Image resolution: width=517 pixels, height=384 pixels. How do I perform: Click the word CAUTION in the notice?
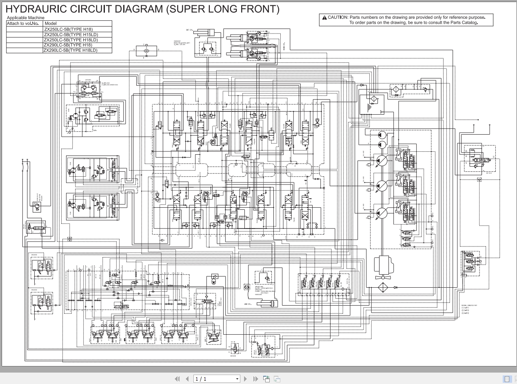pos(337,18)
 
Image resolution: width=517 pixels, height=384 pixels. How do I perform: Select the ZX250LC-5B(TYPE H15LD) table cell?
pos(71,35)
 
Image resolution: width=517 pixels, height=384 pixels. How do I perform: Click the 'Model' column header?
pos(51,24)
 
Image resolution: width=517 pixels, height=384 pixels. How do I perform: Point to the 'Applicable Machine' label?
pos(26,18)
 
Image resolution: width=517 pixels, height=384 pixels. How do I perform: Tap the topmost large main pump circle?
pos(382,160)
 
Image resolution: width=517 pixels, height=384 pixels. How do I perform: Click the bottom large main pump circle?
pos(382,213)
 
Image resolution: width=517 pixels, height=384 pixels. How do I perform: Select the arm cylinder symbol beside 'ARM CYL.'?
pos(265,303)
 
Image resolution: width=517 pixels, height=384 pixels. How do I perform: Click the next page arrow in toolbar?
pos(246,379)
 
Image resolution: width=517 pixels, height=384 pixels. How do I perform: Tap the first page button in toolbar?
pos(177,379)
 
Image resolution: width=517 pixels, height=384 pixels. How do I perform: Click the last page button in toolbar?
pos(255,379)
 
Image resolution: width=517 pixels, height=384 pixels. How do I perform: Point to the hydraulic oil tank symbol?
pos(372,104)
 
